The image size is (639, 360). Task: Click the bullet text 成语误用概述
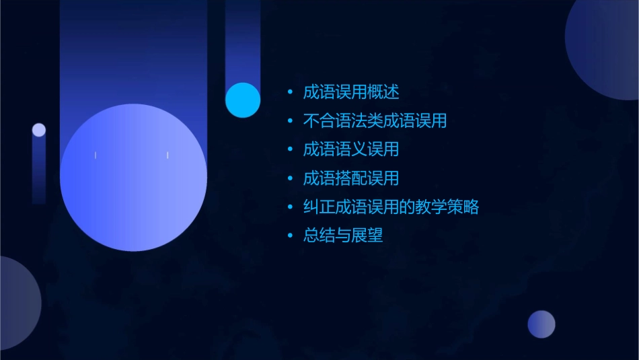[351, 92]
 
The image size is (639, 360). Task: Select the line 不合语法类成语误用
[375, 121]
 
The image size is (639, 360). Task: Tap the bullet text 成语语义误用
[351, 149]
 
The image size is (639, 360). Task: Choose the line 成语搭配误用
[351, 178]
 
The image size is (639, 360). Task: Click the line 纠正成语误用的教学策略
[391, 207]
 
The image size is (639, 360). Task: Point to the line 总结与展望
[343, 236]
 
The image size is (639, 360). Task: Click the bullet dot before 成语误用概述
[290, 93]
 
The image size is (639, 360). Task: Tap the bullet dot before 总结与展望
[290, 236]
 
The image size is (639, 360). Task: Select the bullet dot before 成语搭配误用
[290, 179]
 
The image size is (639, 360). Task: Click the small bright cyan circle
[243, 100]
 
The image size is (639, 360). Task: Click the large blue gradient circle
[133, 178]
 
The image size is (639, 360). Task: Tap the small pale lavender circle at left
[39, 130]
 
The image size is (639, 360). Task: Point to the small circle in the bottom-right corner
[541, 324]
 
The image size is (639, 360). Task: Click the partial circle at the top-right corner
[605, 47]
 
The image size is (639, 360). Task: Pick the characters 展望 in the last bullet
[367, 236]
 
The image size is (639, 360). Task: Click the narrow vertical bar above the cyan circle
[243, 40]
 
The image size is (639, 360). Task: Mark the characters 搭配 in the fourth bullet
[351, 178]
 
